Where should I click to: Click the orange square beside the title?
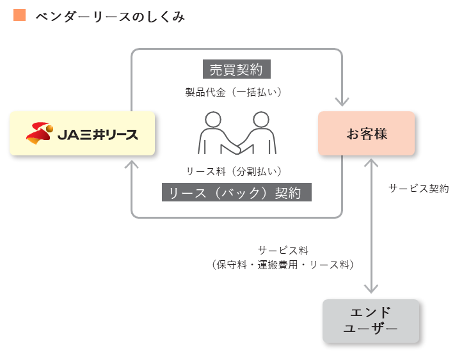pos(19,15)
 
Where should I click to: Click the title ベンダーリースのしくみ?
pos(109,17)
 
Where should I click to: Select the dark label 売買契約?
pos(236,69)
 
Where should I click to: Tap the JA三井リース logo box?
pos(83,133)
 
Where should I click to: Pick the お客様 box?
pos(367,134)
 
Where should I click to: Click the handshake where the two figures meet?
pos(236,148)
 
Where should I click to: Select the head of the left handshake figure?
pos(213,120)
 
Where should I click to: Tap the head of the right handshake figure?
pos(260,120)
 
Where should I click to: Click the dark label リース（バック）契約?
pos(236,192)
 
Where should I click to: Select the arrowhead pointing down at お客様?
pos(342,101)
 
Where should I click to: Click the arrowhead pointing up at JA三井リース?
pos(131,164)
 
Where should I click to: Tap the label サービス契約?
pos(419,189)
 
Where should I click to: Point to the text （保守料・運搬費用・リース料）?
pos(282,263)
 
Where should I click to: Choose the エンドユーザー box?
pos(371,320)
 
